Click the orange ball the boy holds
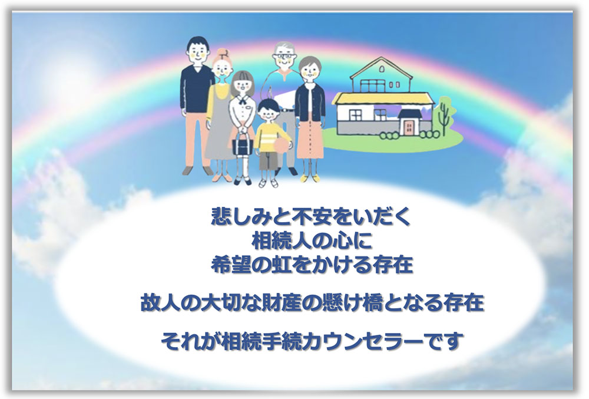pyautogui.click(x=284, y=144)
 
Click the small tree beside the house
pyautogui.click(x=444, y=114)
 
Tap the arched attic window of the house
pyautogui.click(x=382, y=69)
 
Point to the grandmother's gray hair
pyautogui.click(x=310, y=64)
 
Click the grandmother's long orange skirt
pyautogui.click(x=310, y=139)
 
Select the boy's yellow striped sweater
pyautogui.click(x=269, y=138)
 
